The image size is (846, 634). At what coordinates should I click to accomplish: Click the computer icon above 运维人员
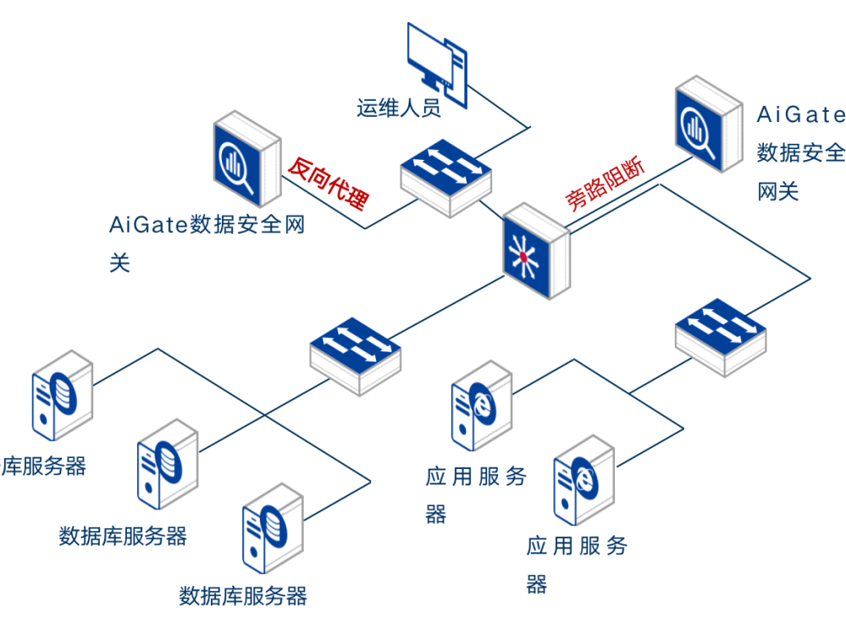coord(437,58)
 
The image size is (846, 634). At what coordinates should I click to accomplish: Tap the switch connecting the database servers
coord(355,356)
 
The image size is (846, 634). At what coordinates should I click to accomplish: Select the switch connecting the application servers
coord(721,337)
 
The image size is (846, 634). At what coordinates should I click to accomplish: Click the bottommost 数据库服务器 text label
coord(243,596)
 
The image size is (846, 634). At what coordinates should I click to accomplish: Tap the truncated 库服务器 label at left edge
coord(44,466)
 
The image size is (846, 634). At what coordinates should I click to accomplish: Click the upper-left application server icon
coord(481,405)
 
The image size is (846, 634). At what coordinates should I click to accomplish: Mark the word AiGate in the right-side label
coord(800,114)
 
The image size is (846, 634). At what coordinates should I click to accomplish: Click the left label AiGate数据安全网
coord(207,225)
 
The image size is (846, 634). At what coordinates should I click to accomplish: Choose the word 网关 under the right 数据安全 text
coord(777,191)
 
